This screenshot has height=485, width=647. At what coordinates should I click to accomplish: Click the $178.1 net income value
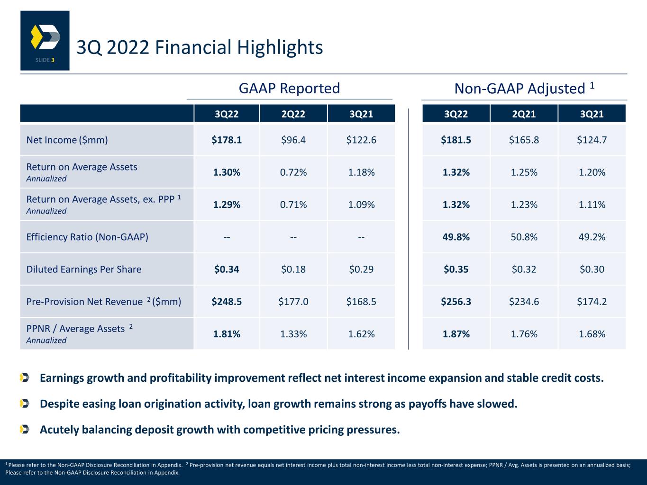coord(227,140)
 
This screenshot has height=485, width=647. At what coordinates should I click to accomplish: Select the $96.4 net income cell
coord(293,140)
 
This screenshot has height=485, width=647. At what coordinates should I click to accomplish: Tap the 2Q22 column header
coord(293,114)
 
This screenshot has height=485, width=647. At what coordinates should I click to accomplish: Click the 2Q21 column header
coord(524,114)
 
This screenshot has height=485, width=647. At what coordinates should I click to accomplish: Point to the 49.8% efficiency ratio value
coord(456,237)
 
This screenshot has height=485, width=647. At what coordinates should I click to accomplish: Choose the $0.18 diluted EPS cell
coord(293,269)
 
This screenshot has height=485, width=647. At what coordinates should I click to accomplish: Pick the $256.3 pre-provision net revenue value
coord(456,302)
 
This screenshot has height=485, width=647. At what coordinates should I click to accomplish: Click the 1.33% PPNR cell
coord(293,334)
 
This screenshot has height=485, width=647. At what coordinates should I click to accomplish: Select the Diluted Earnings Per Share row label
coord(84,269)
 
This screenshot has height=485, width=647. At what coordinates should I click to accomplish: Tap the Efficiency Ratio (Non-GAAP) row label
coord(87,237)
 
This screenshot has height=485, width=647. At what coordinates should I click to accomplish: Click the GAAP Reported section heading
coord(289,89)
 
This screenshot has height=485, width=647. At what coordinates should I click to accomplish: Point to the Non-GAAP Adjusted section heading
coord(524,89)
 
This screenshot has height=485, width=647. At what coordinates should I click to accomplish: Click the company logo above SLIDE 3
coord(46,37)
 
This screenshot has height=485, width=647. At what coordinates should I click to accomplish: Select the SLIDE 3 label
coord(45,60)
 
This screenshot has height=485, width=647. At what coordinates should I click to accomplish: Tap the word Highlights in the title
coord(280,48)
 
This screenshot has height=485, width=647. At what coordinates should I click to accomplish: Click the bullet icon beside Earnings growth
coord(25,378)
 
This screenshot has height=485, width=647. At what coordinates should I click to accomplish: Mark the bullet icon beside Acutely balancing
coord(25,430)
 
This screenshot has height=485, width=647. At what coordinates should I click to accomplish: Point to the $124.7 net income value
coord(592,140)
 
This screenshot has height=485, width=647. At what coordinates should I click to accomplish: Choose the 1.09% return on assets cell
coord(361,205)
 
